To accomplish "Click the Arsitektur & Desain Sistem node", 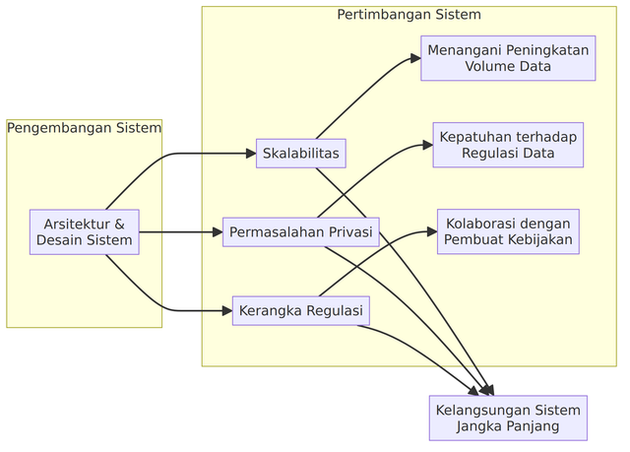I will point(84,232).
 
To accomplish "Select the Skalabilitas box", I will point(301,154).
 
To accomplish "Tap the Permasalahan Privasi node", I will point(301,232).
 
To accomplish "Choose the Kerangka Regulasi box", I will point(301,311).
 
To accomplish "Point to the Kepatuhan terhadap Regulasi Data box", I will point(508,145).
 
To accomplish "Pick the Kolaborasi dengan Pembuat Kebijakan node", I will point(508,230).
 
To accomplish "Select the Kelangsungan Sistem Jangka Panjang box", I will point(508,418).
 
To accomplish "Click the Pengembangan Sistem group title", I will point(84,128).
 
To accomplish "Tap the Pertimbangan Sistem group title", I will point(409,15).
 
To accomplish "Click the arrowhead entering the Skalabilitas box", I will point(250,154).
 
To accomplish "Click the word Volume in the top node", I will point(489,67).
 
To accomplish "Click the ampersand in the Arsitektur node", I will point(120,224).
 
